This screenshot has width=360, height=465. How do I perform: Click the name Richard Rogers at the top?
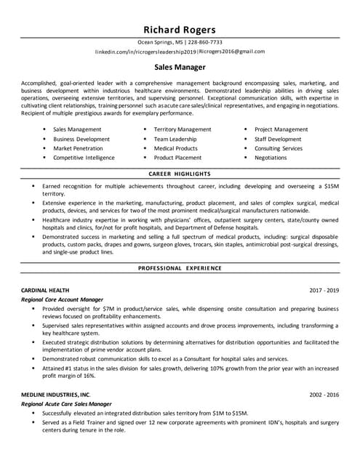coord(179,29)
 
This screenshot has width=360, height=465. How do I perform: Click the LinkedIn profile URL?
coord(145,52)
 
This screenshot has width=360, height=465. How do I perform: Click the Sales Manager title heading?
coord(179,67)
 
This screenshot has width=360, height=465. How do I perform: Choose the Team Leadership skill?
coord(175,139)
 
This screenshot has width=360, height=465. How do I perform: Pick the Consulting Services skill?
coord(278,148)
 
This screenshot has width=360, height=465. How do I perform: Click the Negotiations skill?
coord(271,158)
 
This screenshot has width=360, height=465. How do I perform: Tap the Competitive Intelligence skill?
coord(84,158)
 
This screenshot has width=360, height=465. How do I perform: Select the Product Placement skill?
coord(177,158)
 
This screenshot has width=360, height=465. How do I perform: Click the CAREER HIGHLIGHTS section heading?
coord(179,174)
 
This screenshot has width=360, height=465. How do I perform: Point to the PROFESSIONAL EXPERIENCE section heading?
coord(179,269)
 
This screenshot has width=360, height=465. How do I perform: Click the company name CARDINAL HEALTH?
coord(47,290)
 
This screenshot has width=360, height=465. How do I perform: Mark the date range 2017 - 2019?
coord(324,290)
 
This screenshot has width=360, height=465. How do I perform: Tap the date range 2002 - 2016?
coord(324,394)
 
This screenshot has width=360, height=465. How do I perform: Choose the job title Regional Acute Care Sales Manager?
coord(66,403)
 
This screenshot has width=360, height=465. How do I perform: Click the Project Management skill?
coord(281,129)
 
